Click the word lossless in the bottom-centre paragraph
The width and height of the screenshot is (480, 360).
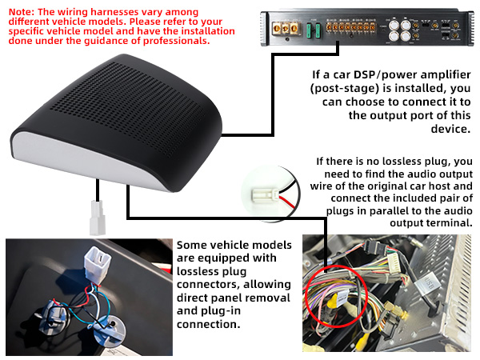click(x=200, y=273)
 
